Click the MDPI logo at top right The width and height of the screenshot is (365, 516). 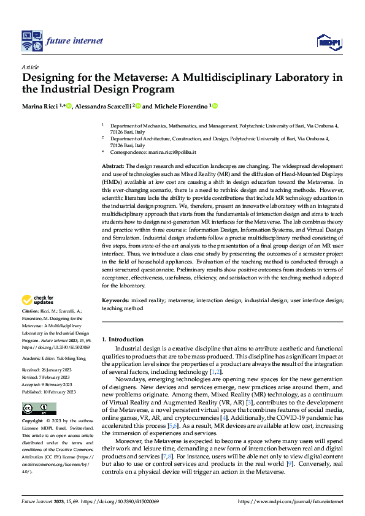pyautogui.click(x=328, y=41)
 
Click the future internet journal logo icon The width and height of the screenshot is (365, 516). pyautogui.click(x=31, y=41)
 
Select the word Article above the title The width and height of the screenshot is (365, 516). pyautogui.click(x=30, y=67)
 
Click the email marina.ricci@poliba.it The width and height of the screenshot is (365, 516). pyautogui.click(x=173, y=152)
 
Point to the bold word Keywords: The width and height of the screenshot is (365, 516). pyautogui.click(x=115, y=301)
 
